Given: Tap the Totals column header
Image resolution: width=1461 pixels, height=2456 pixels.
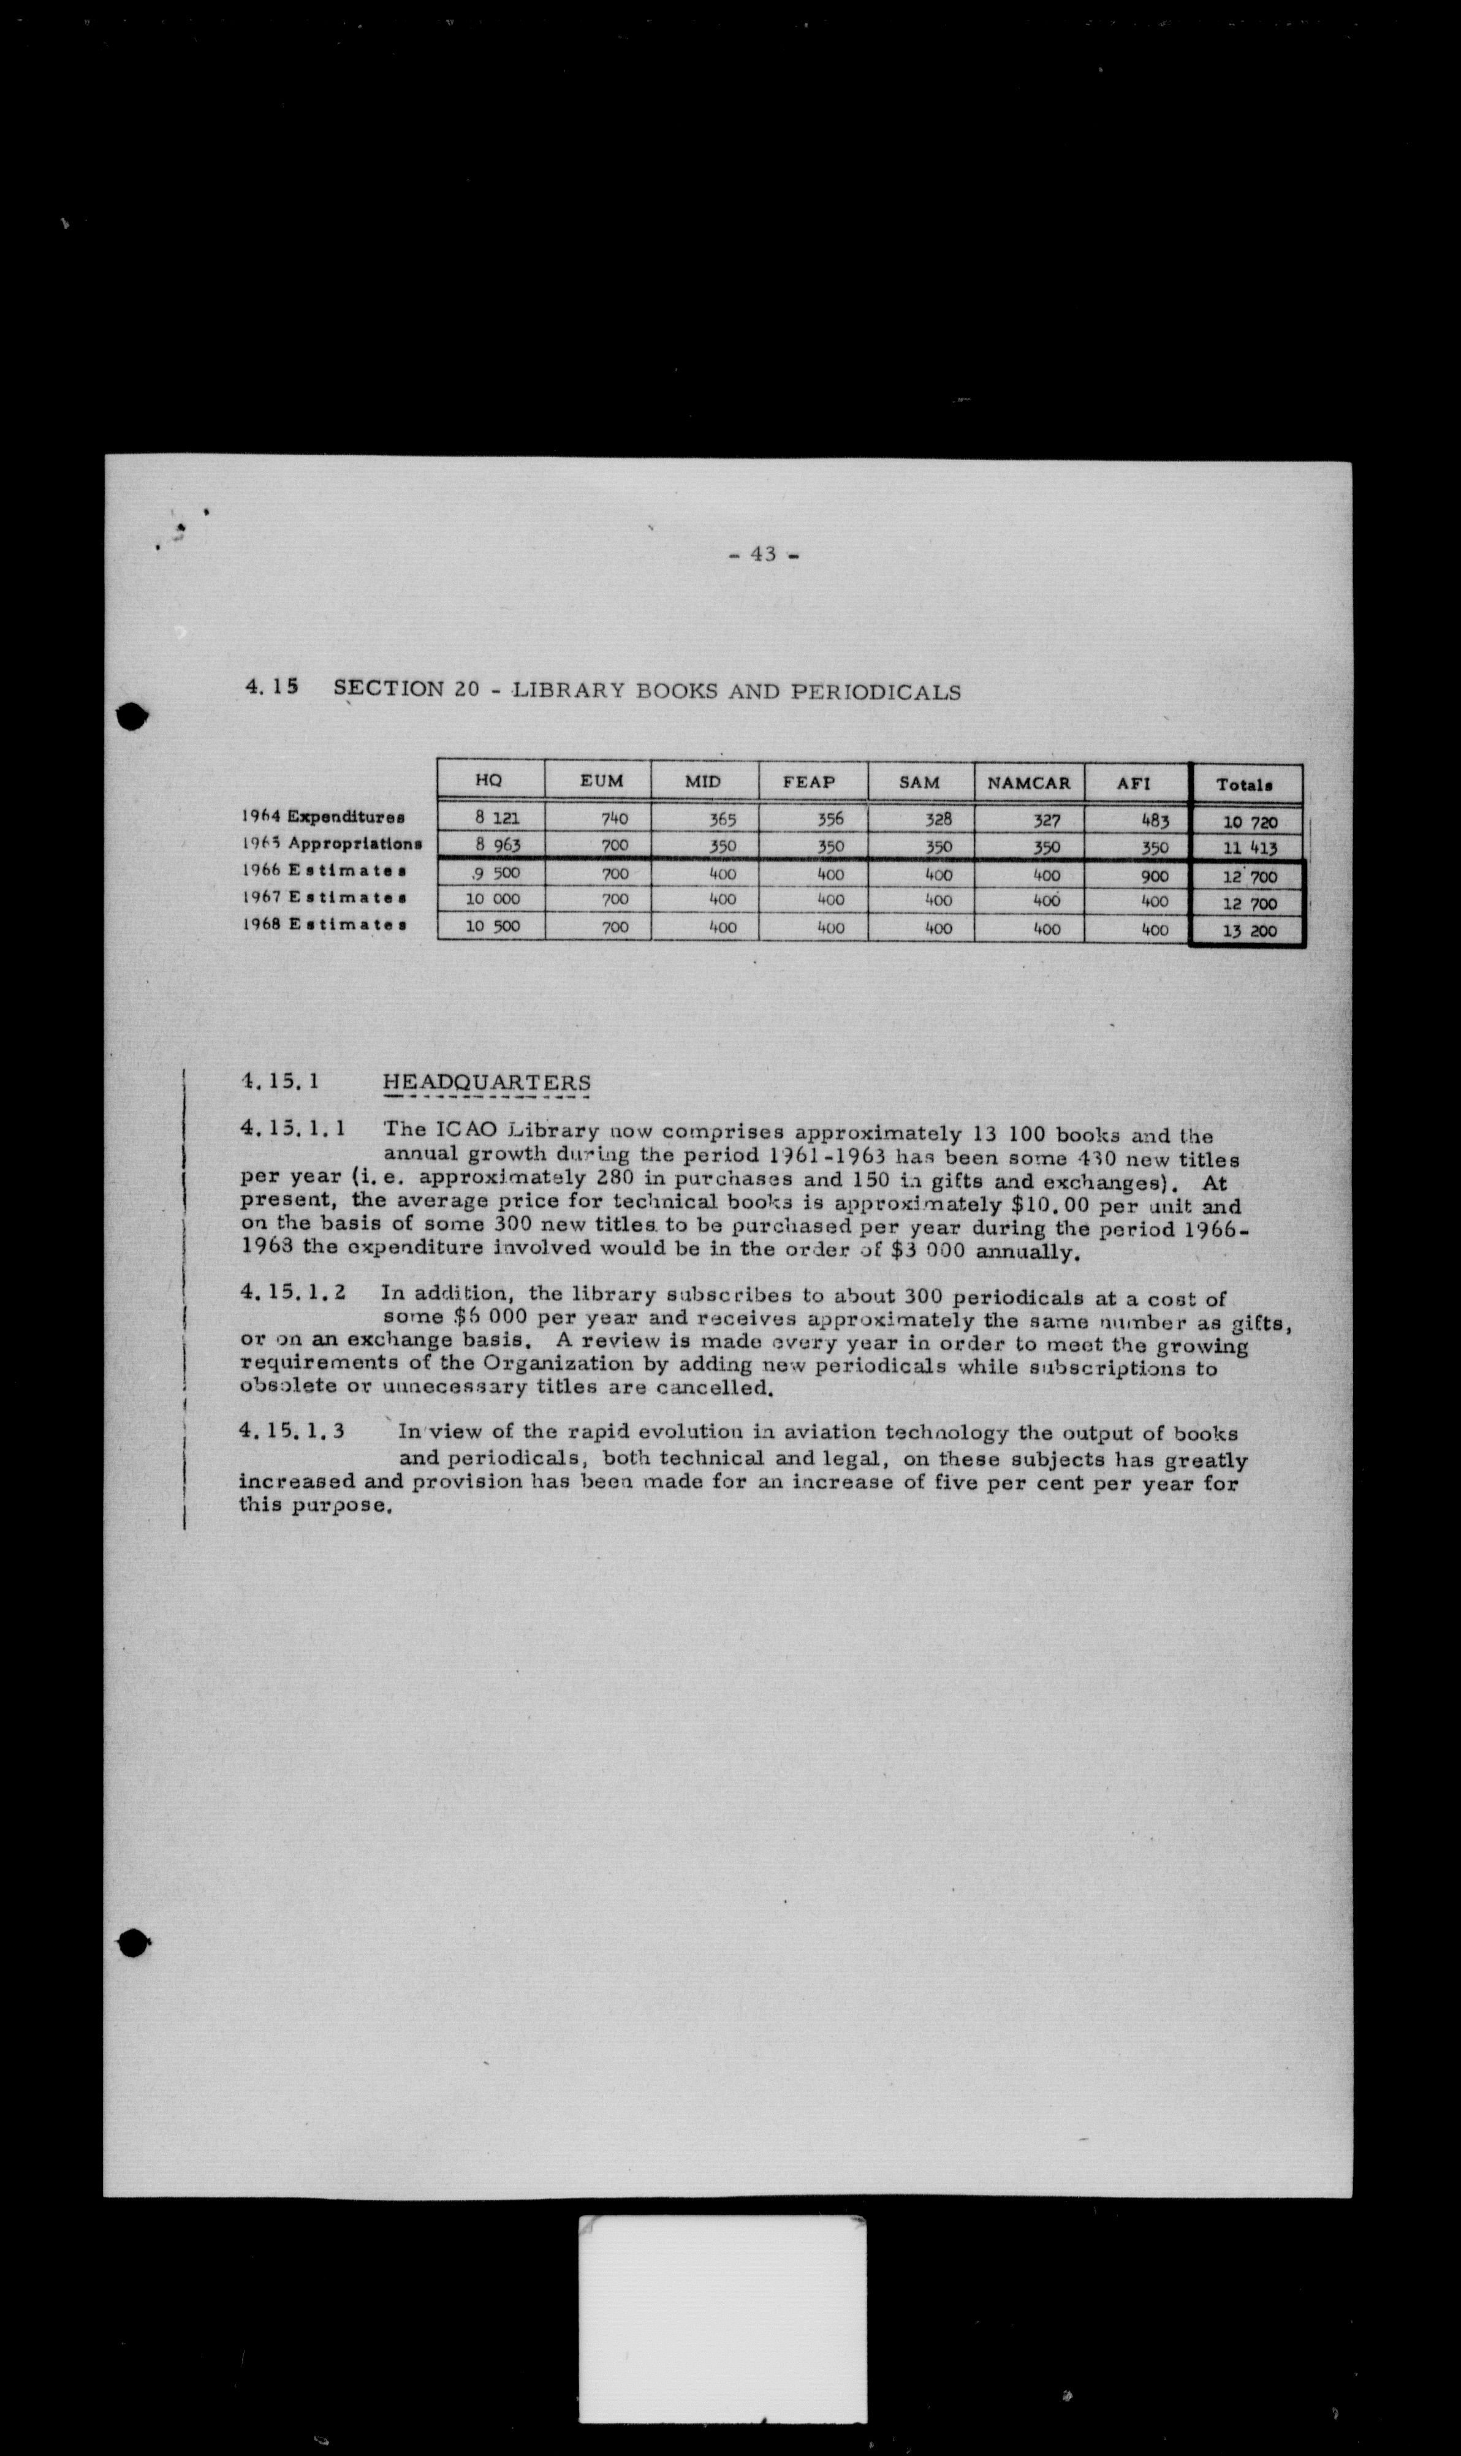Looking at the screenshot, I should [x=1245, y=784].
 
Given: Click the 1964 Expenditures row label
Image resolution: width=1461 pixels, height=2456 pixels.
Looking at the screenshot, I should [x=323, y=817].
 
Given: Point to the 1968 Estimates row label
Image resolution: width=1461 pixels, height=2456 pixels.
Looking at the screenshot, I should [x=323, y=925].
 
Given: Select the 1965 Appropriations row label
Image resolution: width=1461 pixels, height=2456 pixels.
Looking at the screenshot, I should [x=331, y=844].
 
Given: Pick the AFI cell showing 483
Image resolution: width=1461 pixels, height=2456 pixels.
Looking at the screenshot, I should [x=1154, y=820].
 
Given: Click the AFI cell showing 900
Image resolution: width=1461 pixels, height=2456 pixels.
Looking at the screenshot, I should [x=1154, y=875].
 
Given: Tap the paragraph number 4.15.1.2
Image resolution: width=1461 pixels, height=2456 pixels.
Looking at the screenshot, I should [x=292, y=1292].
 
